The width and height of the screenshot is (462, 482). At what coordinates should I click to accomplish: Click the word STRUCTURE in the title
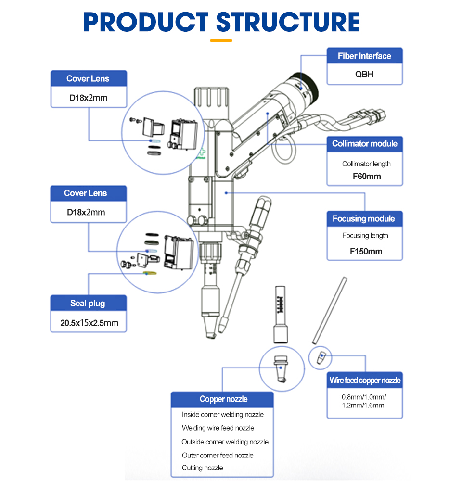(x=287, y=22)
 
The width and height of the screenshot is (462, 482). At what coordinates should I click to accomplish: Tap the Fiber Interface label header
(x=364, y=56)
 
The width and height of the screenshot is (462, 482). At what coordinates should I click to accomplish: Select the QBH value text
(x=364, y=74)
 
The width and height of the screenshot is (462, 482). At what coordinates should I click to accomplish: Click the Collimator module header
(x=364, y=143)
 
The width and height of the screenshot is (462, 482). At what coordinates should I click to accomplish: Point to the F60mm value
(x=366, y=176)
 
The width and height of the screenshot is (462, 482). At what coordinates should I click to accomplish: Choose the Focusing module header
(x=363, y=218)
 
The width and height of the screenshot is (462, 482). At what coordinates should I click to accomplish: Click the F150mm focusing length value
(x=366, y=251)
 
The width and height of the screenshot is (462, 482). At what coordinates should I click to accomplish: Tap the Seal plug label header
(x=88, y=303)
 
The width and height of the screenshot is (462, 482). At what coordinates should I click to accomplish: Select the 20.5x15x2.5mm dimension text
(x=89, y=323)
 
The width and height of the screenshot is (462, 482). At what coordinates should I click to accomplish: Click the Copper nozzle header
(x=223, y=399)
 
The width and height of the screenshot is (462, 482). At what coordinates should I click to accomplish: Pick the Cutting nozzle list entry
(x=202, y=468)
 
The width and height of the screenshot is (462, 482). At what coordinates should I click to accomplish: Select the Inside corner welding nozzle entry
(x=222, y=414)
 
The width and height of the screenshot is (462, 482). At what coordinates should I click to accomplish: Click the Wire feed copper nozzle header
(x=365, y=380)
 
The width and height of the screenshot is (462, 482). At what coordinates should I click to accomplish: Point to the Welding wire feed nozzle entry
(x=218, y=428)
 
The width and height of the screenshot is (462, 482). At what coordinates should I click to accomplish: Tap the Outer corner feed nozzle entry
(x=217, y=455)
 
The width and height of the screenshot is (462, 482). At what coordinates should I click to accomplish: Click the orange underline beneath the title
(x=221, y=40)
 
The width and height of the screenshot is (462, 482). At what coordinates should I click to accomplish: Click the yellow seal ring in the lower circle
(x=150, y=273)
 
